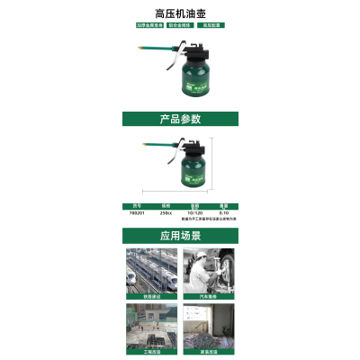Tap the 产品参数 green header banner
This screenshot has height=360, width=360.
click(179, 118)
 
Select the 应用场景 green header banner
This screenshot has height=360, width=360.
click(179, 236)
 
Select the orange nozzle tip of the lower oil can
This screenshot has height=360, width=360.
click(142, 143)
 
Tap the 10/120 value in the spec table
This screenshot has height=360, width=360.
click(194, 211)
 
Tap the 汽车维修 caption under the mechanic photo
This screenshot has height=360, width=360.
click(208, 295)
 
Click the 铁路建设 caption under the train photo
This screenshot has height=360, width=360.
click(150, 295)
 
